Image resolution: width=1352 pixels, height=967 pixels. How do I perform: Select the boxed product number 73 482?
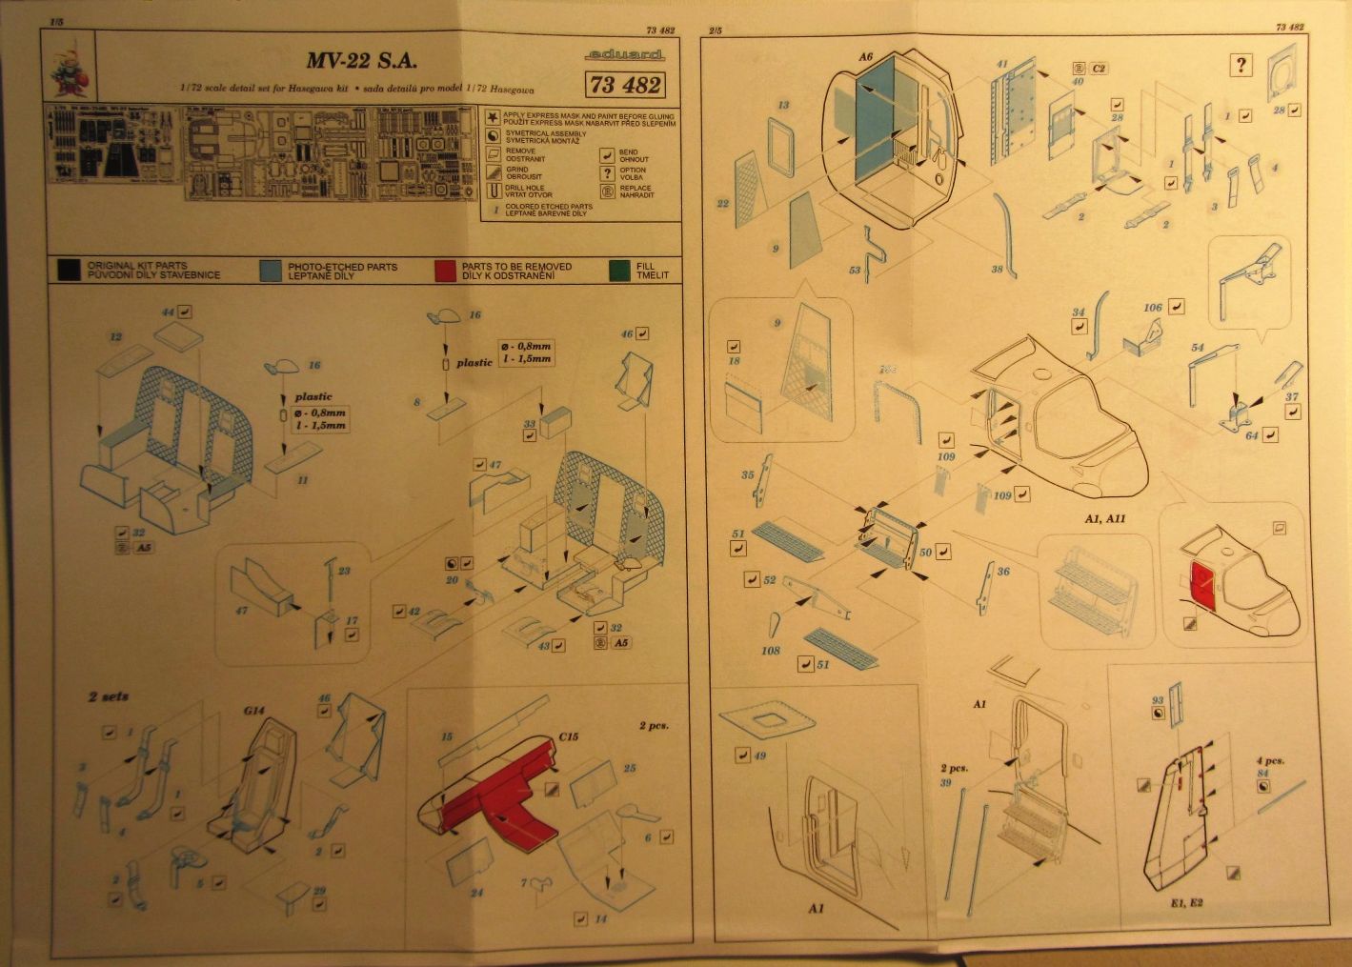(x=626, y=85)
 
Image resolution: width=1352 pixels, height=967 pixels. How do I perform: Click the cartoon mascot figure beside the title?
(x=68, y=72)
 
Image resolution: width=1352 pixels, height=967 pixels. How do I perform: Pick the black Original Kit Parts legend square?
(x=68, y=271)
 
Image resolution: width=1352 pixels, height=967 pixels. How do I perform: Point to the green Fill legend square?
(x=620, y=271)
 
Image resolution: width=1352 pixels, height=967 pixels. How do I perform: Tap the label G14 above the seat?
(x=252, y=710)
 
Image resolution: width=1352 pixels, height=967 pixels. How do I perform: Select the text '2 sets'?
(x=108, y=696)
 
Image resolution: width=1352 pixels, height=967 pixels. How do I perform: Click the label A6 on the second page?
(x=865, y=57)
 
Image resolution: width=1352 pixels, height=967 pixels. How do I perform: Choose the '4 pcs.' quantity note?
(x=1269, y=761)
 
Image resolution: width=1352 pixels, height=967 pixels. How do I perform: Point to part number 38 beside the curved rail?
(x=997, y=271)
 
